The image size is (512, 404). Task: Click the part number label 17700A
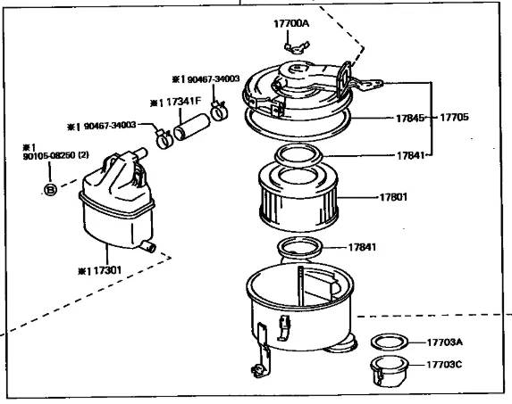click(x=291, y=24)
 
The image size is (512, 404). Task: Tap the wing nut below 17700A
click(x=297, y=48)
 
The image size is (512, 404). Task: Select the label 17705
click(x=454, y=117)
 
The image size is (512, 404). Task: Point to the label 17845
click(x=410, y=119)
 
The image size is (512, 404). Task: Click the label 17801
click(x=393, y=197)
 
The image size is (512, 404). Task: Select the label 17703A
click(x=445, y=342)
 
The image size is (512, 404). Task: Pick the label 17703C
click(x=444, y=364)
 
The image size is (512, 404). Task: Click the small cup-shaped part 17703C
click(x=389, y=370)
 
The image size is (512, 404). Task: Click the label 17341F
click(x=183, y=102)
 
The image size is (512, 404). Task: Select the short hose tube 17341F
click(x=192, y=127)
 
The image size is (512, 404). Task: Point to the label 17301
click(x=107, y=270)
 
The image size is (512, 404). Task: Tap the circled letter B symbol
click(x=50, y=190)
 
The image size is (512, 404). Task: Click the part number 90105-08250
click(x=49, y=156)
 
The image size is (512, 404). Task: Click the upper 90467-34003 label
click(x=214, y=79)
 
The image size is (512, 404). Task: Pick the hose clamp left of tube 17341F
click(x=164, y=139)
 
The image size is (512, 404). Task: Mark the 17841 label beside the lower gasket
click(x=362, y=247)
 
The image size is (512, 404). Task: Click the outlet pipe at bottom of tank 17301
click(x=148, y=246)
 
